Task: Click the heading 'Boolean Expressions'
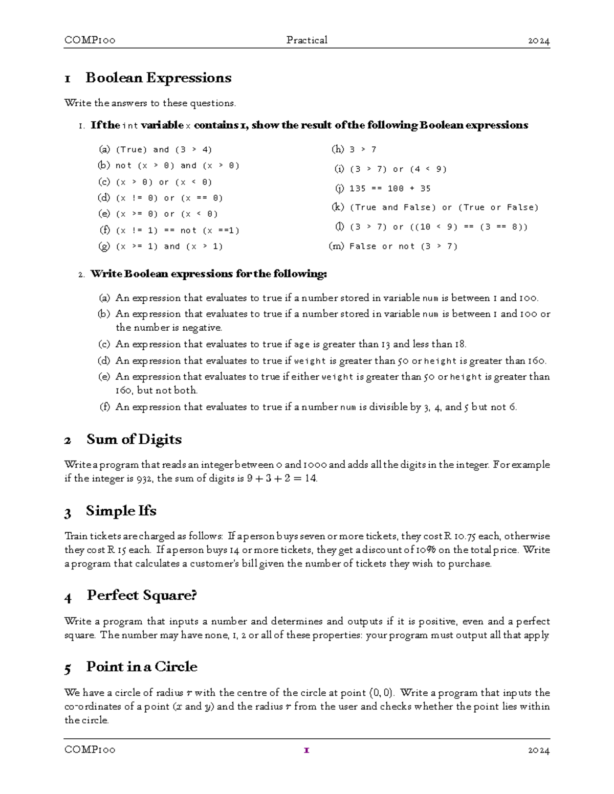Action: (158, 78)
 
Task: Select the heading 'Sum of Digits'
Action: (134, 439)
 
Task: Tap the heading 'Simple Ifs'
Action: (121, 511)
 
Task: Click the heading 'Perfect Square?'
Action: (142, 595)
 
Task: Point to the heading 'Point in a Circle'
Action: (141, 667)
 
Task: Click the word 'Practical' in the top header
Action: (307, 40)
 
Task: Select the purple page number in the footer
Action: (306, 750)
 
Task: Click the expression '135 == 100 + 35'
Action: (390, 189)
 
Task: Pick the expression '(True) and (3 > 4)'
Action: (164, 150)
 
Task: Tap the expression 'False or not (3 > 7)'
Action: (403, 246)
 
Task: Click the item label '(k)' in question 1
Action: (338, 207)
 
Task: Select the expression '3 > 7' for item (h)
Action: (363, 150)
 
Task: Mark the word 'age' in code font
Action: (302, 345)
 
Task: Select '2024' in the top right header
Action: (539, 40)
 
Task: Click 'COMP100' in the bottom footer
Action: (90, 750)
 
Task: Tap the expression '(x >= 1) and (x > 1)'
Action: (169, 246)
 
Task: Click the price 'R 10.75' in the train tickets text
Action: (459, 536)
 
